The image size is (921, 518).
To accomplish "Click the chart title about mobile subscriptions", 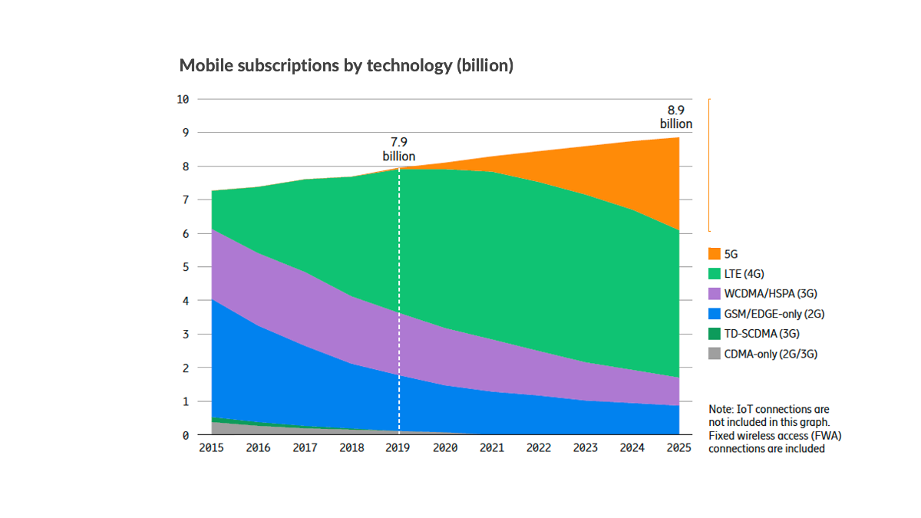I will click(x=346, y=66).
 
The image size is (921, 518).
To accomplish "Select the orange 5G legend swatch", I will click(x=715, y=253).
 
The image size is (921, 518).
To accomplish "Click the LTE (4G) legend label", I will click(x=744, y=273).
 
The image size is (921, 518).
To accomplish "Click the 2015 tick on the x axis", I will click(x=211, y=448).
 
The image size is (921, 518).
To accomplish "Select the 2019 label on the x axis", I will click(x=398, y=448).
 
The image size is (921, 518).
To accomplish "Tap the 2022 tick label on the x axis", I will click(x=539, y=448).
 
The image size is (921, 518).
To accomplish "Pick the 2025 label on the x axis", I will click(x=678, y=448).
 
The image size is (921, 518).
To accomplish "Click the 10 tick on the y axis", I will click(x=183, y=99).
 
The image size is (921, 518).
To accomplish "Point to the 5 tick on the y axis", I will click(x=185, y=267).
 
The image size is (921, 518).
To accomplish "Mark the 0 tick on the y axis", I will click(x=185, y=435).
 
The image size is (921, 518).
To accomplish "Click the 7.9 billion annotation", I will click(x=398, y=150).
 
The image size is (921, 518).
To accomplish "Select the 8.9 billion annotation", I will click(x=675, y=117).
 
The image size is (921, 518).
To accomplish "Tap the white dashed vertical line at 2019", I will click(x=399, y=307).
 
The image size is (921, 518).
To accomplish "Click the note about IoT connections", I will click(x=768, y=429).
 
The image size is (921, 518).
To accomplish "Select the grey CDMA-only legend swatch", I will click(x=715, y=354).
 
